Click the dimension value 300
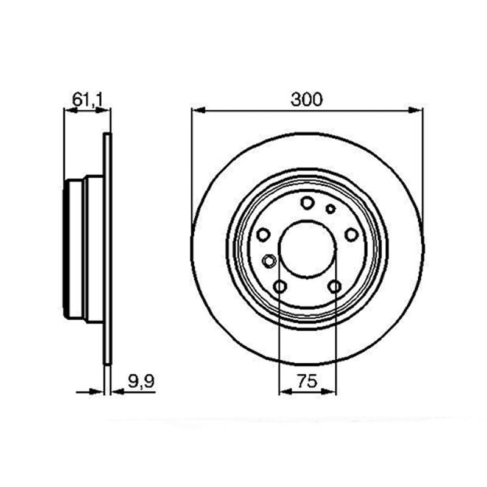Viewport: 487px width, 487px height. pyautogui.click(x=307, y=99)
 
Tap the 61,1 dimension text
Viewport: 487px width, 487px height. pyautogui.click(x=87, y=100)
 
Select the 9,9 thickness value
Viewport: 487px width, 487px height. pyautogui.click(x=141, y=381)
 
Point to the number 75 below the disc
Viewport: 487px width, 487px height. pyautogui.click(x=307, y=381)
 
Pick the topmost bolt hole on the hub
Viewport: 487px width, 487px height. pyautogui.click(x=307, y=203)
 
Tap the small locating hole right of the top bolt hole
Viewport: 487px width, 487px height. pyautogui.click(x=331, y=209)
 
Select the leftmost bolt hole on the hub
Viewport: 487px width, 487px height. pyautogui.click(x=264, y=234)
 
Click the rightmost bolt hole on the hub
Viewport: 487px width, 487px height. pyautogui.click(x=352, y=234)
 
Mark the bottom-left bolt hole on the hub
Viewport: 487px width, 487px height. pyautogui.click(x=280, y=286)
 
